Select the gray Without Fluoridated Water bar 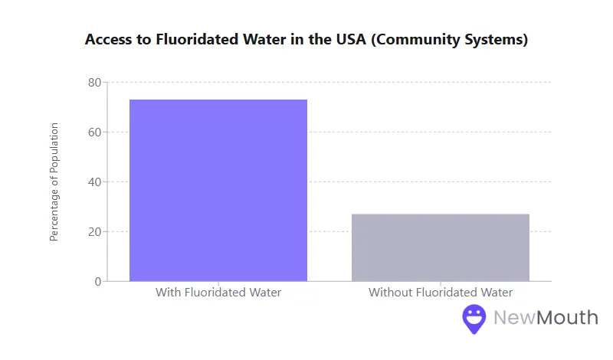(x=440, y=247)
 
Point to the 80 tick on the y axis (x=94, y=82)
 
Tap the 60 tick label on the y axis (x=94, y=132)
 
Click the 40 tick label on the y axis (x=94, y=182)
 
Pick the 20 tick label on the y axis (x=94, y=231)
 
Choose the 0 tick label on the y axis (x=98, y=281)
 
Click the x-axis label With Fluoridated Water (x=218, y=293)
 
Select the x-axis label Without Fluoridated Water (x=440, y=293)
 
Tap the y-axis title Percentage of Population (x=54, y=182)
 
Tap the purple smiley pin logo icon (x=475, y=319)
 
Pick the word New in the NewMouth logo (x=511, y=317)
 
